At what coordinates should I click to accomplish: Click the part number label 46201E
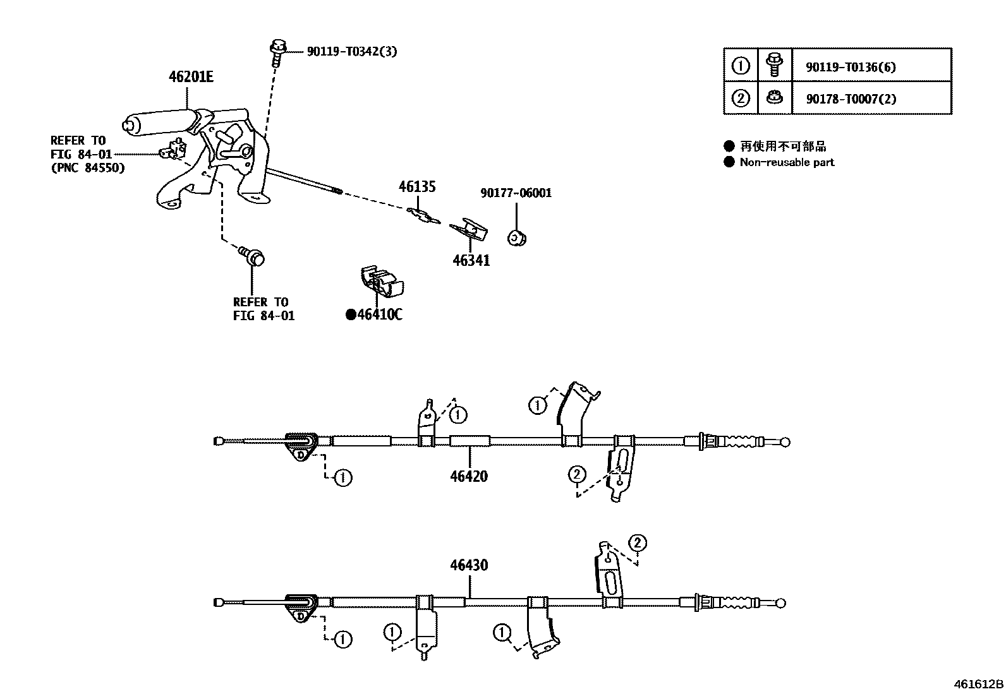191,77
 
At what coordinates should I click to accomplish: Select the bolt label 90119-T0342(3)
352,52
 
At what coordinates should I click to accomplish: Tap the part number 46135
417,187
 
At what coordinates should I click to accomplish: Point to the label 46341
471,260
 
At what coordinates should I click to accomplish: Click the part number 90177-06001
516,193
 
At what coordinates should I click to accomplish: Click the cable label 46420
469,476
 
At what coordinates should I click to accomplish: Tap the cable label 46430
469,565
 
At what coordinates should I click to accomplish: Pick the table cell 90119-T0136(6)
851,67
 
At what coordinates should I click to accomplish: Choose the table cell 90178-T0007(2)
851,99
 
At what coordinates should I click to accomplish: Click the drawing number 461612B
978,684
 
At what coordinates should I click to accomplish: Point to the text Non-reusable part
787,162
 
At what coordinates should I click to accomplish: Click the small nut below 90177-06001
518,238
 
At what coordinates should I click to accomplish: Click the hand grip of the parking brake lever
158,122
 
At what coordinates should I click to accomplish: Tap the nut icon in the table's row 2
775,98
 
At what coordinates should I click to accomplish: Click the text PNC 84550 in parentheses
88,168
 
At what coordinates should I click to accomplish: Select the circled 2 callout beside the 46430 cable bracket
638,542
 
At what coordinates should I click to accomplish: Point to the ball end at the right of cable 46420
785,442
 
